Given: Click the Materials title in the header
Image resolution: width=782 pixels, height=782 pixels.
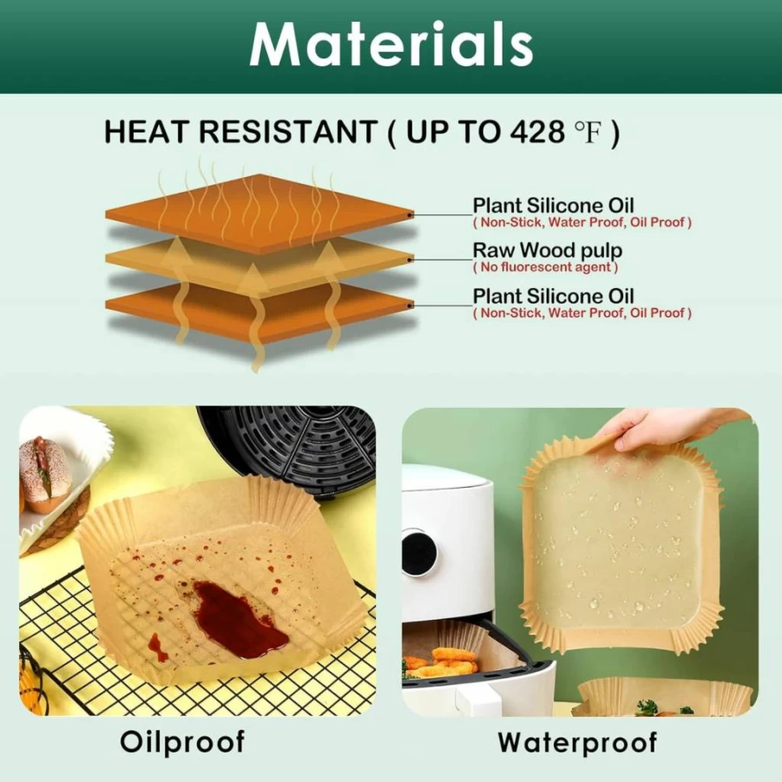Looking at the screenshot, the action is point(391,44).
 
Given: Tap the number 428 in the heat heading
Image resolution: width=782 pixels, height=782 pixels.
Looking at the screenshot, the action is point(537,132).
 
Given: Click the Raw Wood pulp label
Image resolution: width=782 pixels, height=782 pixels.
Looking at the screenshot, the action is point(547,250).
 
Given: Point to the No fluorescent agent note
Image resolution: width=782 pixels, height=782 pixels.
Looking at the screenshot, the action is point(545,267).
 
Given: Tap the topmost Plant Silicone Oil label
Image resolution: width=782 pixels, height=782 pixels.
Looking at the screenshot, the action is point(553,205).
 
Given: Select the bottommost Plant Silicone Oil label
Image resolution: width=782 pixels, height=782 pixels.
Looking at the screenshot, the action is point(553,296).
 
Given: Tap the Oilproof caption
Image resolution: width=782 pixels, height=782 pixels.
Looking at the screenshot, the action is point(182,742).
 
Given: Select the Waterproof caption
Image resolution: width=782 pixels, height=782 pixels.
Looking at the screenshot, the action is point(577,742).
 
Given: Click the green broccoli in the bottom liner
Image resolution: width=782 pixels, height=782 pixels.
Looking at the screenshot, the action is point(647,707).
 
